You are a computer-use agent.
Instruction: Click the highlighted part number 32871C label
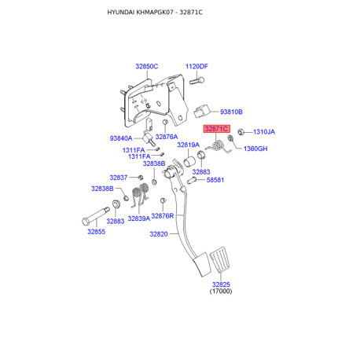tap(217, 129)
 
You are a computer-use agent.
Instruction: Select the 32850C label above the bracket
tap(147, 67)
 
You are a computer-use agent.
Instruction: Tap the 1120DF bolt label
tap(197, 67)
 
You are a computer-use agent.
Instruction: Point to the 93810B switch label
tap(231, 112)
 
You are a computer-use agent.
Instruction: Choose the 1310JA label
tap(264, 132)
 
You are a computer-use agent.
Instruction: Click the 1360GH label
tap(255, 149)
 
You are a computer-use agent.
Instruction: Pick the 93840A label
tap(121, 138)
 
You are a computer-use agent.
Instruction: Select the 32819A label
tap(189, 145)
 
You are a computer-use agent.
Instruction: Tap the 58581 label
tap(215, 180)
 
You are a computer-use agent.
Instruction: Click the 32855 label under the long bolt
tap(97, 232)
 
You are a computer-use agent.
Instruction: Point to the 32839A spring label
tap(139, 219)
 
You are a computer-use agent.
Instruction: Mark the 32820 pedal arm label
tap(159, 234)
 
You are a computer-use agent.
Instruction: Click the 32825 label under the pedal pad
tap(221, 285)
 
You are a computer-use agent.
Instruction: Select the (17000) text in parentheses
tap(221, 291)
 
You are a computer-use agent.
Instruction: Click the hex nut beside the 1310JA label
tap(241, 132)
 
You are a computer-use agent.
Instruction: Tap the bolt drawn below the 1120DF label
tap(197, 80)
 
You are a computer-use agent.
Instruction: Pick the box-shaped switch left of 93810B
tap(202, 112)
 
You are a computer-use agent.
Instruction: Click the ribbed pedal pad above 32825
tap(221, 259)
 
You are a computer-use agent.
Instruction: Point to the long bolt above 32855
tap(96, 216)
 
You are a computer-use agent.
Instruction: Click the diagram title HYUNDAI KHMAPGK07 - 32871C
tap(155, 13)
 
